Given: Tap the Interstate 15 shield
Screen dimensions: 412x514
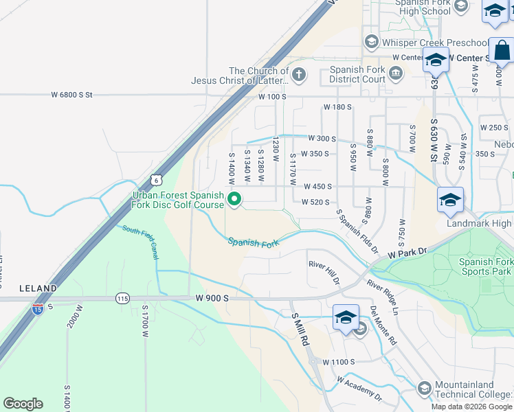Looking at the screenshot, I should (37, 309).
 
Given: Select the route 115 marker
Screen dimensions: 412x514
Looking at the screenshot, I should (122, 298).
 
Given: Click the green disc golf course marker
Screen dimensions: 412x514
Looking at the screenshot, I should (234, 200).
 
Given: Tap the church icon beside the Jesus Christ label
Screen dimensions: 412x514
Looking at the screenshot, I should (298, 74).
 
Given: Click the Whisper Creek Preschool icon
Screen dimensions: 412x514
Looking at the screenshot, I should (371, 43).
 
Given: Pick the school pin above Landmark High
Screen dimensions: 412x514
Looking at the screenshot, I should (450, 199).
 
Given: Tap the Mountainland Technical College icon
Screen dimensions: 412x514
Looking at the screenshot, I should (424, 389).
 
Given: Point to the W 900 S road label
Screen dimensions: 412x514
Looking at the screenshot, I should (211, 298).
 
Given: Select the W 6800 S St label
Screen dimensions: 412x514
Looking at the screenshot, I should (71, 95).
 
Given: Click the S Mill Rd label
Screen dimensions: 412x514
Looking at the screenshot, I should (301, 328).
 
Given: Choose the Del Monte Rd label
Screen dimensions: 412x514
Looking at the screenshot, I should (383, 325).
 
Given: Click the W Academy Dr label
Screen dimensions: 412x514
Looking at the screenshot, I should (359, 388).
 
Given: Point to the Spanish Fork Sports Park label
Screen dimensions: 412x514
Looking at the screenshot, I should (485, 266).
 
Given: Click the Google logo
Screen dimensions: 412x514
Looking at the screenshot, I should (23, 404).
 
